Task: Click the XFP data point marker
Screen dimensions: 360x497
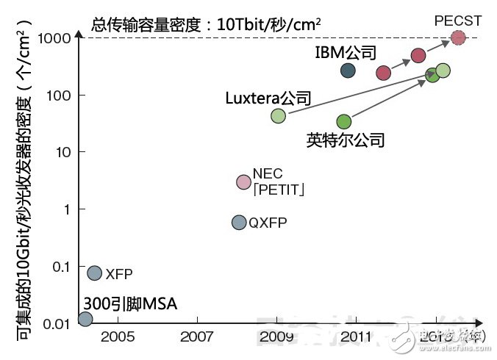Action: click(x=94, y=273)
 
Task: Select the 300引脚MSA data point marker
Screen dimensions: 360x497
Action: click(x=85, y=319)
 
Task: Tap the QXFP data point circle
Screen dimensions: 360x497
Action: click(x=239, y=222)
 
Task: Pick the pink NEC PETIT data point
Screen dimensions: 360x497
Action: click(x=243, y=181)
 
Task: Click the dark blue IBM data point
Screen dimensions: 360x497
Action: click(x=348, y=71)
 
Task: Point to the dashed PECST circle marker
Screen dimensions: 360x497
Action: click(x=458, y=37)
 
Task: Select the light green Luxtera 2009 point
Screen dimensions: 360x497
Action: click(x=278, y=115)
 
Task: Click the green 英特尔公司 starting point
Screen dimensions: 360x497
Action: click(x=343, y=121)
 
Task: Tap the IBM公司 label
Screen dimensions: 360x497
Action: click(x=345, y=53)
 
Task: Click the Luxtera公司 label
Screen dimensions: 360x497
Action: click(x=268, y=98)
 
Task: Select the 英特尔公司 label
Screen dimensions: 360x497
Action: click(x=346, y=140)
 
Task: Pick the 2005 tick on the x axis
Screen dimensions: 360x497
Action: click(x=118, y=336)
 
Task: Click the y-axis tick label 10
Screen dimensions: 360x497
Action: click(x=62, y=152)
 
